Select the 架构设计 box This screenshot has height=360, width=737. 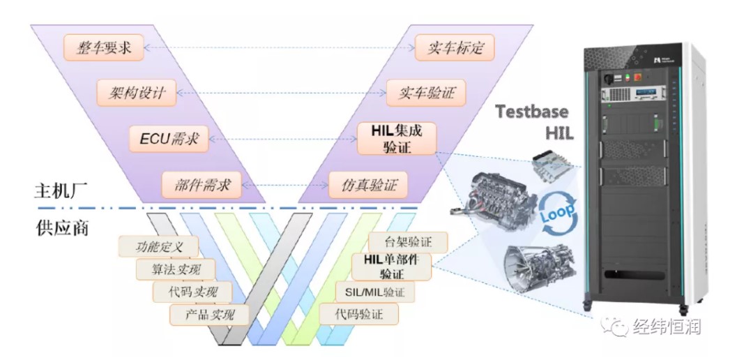coord(137,93)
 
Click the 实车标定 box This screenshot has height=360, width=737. coord(457,47)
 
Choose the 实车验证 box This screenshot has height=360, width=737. coord(425,93)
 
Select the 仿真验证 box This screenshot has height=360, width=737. coord(368,185)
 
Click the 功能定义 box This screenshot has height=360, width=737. coord(158,246)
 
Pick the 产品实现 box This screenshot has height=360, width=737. coord(210,315)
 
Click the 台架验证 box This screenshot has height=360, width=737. coord(408,243)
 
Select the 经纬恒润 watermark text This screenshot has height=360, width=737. coord(667,326)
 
